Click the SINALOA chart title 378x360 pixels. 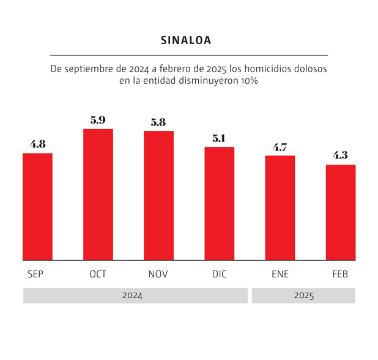(x=186, y=40)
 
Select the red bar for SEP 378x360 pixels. (x=37, y=207)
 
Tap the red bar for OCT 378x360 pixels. (x=98, y=195)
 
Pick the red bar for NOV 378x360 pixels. (x=158, y=196)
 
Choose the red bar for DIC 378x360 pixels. (x=219, y=204)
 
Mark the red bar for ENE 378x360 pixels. (x=280, y=208)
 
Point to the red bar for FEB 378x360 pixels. (x=340, y=212)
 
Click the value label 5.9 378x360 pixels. (x=98, y=120)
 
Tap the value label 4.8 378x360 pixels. (x=37, y=144)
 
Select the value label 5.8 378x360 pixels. (x=158, y=122)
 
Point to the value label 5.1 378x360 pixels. (x=219, y=138)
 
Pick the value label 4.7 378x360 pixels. (x=280, y=147)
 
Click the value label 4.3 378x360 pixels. (x=340, y=156)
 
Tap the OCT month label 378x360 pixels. (x=98, y=274)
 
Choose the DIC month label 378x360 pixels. (x=219, y=274)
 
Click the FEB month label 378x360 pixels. (x=340, y=274)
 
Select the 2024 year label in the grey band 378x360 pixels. (x=132, y=296)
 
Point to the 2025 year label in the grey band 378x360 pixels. (x=303, y=296)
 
